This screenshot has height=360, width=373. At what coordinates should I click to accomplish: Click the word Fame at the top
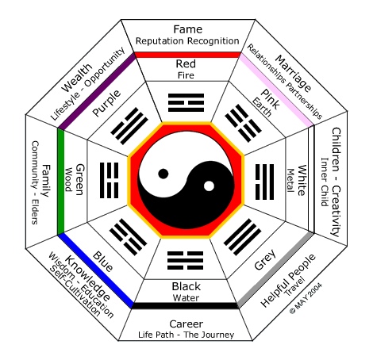tap(187, 28)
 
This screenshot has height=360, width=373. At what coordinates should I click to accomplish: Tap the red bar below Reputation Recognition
tap(187, 55)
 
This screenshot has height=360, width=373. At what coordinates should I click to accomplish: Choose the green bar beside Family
tap(60, 181)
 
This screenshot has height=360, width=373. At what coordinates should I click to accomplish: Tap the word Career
tap(187, 324)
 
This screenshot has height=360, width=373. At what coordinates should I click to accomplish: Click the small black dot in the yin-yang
tap(164, 172)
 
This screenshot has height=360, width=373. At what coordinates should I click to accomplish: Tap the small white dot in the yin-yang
tap(209, 186)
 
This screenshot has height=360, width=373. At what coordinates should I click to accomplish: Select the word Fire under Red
tap(187, 75)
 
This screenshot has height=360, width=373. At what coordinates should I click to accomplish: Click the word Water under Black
tap(187, 297)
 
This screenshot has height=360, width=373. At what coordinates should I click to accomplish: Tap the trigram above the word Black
tap(187, 259)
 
